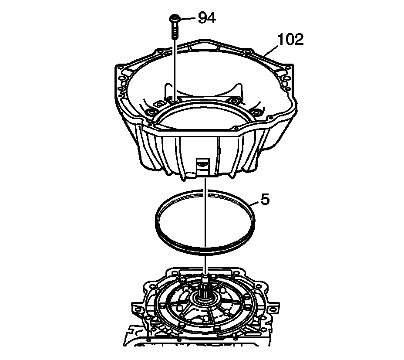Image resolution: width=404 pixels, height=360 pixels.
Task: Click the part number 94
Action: (x=207, y=18)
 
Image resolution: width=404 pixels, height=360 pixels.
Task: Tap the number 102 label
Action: (x=290, y=40)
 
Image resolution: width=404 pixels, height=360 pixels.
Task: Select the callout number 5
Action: (x=265, y=200)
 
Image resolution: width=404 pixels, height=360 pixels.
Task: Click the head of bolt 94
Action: (x=174, y=18)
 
